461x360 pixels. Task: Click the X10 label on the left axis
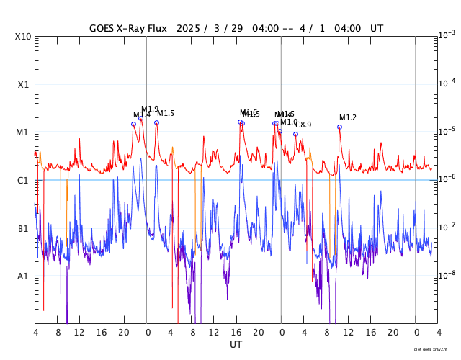click(x=22, y=37)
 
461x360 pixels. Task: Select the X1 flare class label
click(x=22, y=85)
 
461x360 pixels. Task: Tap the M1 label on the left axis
click(x=22, y=132)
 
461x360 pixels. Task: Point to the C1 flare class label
click(x=22, y=181)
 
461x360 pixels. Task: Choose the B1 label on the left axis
click(x=22, y=229)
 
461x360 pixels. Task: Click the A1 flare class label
click(x=22, y=276)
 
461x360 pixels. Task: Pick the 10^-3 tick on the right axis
click(x=446, y=35)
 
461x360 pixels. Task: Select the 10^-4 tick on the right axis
click(x=446, y=83)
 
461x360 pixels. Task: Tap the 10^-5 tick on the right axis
click(x=446, y=130)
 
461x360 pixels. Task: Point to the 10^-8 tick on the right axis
click(x=446, y=274)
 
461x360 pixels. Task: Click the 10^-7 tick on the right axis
click(x=446, y=227)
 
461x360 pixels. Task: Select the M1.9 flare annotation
click(x=150, y=109)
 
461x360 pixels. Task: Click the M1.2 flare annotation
click(x=348, y=118)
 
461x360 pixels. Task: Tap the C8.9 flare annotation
click(x=303, y=125)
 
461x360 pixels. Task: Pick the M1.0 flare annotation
click(x=289, y=122)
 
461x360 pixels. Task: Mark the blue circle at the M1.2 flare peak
click(x=339, y=127)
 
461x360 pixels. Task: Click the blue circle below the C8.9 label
click(x=295, y=134)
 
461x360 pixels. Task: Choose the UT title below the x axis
click(x=236, y=345)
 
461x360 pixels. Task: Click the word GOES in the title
click(x=103, y=29)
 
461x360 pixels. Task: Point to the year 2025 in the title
click(x=188, y=29)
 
